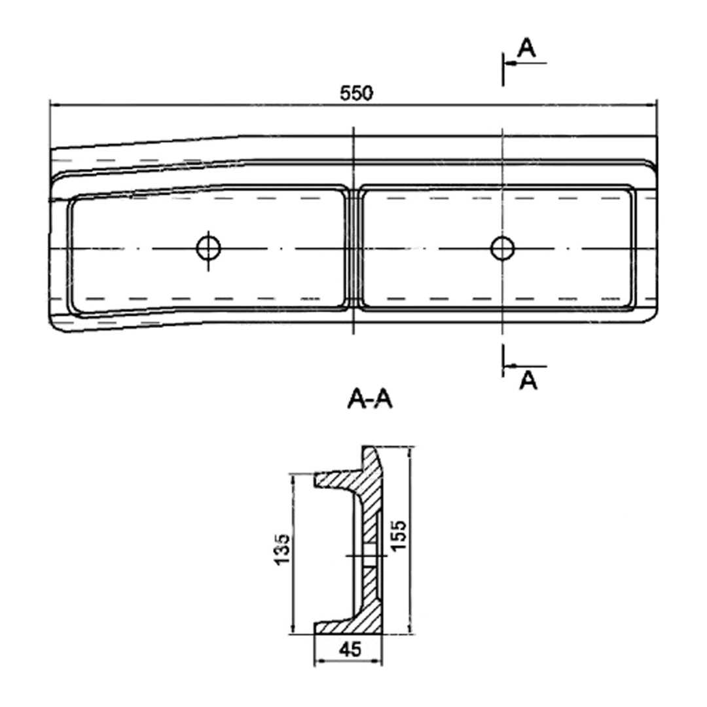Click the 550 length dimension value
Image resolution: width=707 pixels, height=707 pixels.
coord(356,94)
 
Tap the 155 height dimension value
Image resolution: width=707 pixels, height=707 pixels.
coord(399,535)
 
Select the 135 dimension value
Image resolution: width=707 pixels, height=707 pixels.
coord(282,549)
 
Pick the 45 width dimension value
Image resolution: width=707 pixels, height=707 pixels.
coord(350,649)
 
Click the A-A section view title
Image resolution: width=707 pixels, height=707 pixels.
coord(370,399)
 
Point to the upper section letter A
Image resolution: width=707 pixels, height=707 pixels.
coord(526,48)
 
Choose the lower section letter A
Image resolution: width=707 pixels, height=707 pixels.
coord(528,380)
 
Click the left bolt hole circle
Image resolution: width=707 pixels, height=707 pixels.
coord(208,248)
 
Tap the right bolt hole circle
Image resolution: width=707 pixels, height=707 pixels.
coord(502,248)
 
